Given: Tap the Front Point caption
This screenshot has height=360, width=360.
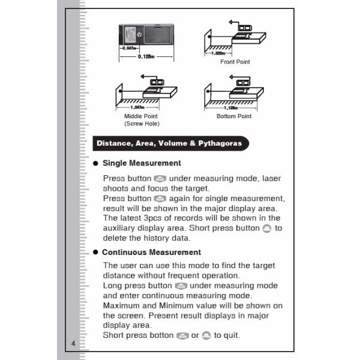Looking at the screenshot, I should tap(235, 62).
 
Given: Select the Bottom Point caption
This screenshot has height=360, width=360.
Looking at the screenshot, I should tap(234, 116).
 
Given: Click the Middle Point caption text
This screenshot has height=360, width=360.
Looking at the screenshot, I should tap(142, 116).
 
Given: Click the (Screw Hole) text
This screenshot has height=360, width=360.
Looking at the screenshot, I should tap(142, 124).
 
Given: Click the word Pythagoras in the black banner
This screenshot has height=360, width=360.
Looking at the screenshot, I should tap(220, 143).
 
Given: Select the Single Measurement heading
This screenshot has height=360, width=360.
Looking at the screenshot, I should tap(142, 163).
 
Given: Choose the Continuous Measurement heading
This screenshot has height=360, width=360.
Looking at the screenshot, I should tap(151, 252).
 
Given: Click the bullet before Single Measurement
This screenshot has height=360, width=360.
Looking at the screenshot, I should tap(95, 163).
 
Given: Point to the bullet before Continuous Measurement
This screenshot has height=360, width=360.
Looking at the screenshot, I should tap(95, 253).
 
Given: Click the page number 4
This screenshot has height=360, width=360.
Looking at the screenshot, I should tap(73, 343).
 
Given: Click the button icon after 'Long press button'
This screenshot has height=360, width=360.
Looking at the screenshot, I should tap(181, 286).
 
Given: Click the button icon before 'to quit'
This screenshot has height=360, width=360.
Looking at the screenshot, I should tap(206, 335).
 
